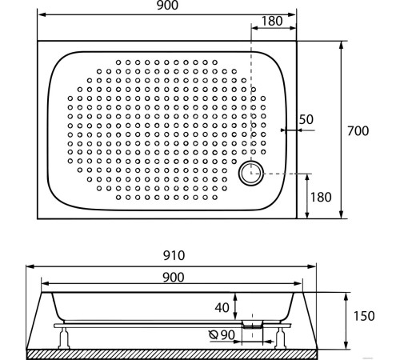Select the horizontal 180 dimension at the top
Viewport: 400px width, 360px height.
[272, 22]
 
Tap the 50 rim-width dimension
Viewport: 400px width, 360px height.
[306, 119]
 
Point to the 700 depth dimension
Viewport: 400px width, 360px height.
[357, 130]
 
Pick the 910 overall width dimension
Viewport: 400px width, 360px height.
[173, 256]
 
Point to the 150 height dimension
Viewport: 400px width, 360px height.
[364, 316]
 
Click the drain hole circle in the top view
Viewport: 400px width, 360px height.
[252, 172]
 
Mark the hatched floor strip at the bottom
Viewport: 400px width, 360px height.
[173, 352]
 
